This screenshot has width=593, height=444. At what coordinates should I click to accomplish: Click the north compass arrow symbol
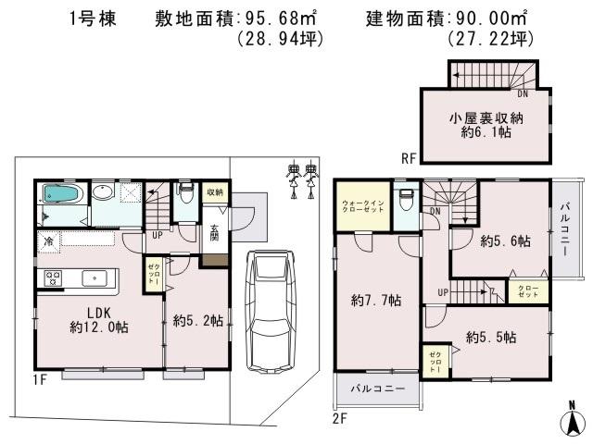tap(572, 421)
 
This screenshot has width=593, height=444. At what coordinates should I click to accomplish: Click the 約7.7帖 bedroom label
tap(376, 300)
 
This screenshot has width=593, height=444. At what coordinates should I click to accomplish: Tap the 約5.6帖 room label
tap(505, 241)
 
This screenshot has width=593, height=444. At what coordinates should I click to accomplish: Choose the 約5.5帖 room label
tap(491, 337)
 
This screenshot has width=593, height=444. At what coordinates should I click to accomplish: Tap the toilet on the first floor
tap(184, 194)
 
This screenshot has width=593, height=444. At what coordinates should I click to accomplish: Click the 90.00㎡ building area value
tap(486, 18)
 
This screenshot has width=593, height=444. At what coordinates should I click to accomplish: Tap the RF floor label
tap(409, 158)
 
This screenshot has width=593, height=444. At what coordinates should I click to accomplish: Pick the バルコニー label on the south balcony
tap(377, 389)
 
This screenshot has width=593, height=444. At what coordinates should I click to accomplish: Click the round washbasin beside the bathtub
tap(103, 193)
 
